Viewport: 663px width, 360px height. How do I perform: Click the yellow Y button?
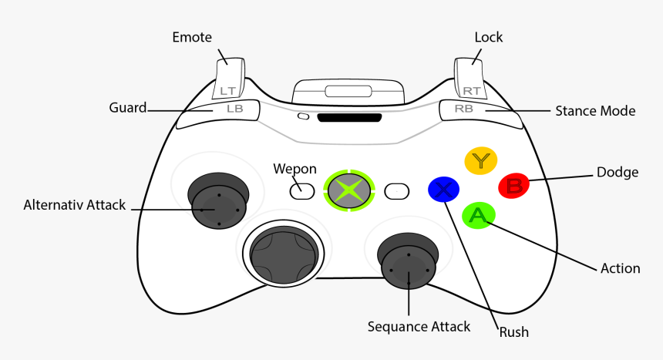[481, 160]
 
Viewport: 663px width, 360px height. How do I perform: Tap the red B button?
[514, 186]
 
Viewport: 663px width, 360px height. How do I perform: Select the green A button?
[478, 216]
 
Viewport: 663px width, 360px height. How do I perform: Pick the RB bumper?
[471, 109]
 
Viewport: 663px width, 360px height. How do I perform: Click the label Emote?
[192, 37]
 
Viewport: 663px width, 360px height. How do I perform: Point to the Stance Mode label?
[595, 111]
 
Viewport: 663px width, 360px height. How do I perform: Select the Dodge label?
[618, 172]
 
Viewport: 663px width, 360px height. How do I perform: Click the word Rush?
[513, 332]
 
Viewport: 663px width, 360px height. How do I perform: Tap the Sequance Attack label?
[419, 327]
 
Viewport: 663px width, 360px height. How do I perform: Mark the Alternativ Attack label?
[75, 205]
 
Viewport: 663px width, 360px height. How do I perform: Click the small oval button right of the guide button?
[397, 190]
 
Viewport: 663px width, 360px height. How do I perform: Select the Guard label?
[128, 108]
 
